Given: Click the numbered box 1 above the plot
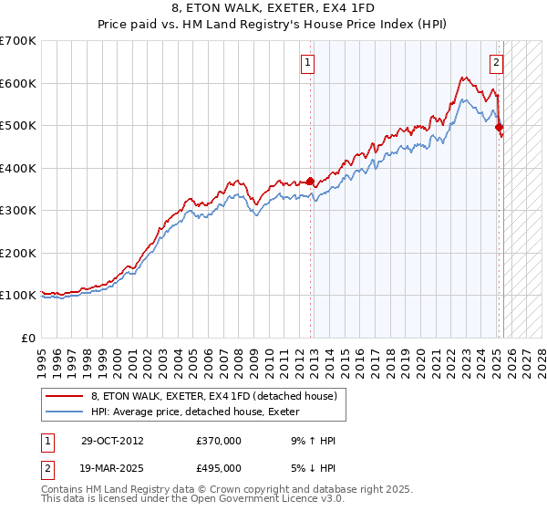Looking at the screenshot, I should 308,63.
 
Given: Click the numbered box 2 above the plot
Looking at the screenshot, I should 496,63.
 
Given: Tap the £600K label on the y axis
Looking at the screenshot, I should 18,83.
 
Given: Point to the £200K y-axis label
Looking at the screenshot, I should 18,253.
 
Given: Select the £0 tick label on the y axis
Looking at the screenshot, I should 28,338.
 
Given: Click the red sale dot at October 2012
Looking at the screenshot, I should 311,181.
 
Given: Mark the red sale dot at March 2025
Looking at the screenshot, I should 499,128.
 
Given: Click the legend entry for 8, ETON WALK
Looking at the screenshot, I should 214,396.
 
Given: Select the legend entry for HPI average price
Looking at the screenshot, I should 200,412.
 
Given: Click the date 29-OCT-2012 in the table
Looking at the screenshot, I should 106,441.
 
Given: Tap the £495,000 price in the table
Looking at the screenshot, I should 220,468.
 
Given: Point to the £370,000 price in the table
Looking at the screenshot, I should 220,441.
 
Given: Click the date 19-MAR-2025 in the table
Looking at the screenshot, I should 106,468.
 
